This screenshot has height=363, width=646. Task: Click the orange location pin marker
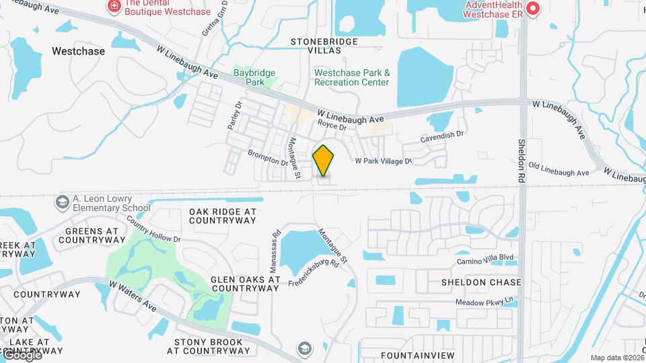pyautogui.click(x=324, y=161)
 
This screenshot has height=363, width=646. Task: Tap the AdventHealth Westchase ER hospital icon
pyautogui.click(x=533, y=9)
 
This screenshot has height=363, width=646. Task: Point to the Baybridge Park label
pyautogui.click(x=249, y=77)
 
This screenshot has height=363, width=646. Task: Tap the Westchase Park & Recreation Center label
pyautogui.click(x=351, y=77)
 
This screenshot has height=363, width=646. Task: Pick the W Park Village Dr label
pyautogui.click(x=383, y=161)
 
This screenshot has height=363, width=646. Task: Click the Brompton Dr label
pyautogui.click(x=268, y=157)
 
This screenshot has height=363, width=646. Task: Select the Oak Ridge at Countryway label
pyautogui.click(x=223, y=216)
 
